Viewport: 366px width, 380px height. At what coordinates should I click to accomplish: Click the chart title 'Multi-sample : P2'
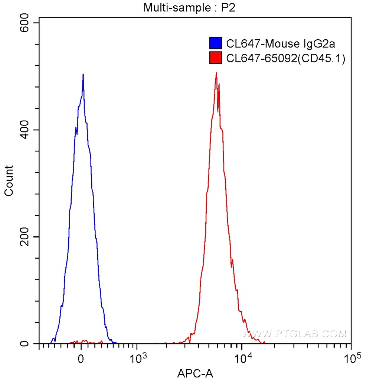coord(190,7)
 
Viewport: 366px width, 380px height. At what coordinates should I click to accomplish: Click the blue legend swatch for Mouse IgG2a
coord(216,43)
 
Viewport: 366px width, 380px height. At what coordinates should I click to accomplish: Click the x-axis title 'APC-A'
coord(195,372)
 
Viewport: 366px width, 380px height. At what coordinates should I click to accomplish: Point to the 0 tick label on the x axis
coord(81,358)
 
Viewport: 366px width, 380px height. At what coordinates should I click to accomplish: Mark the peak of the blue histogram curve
coord(83,74)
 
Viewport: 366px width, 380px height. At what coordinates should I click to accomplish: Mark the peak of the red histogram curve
coord(216,73)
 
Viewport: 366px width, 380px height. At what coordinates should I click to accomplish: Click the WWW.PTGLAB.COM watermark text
coord(294,334)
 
